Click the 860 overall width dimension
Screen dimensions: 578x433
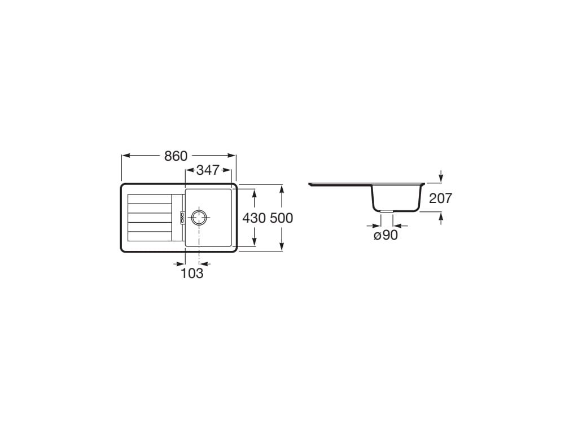coord(176,156)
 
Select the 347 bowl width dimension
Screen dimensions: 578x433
coord(208,170)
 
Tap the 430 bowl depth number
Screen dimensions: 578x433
coord(254,218)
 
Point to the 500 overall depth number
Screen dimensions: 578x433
coord(281,218)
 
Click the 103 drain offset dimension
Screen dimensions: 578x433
coord(192,273)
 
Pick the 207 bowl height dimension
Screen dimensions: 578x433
coord(440,198)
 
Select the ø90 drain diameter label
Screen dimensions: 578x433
coord(386,235)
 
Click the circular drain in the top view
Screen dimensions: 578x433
coord(199,218)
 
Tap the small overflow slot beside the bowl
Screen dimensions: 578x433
coord(182,218)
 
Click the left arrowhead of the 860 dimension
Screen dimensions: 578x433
coord(126,156)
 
